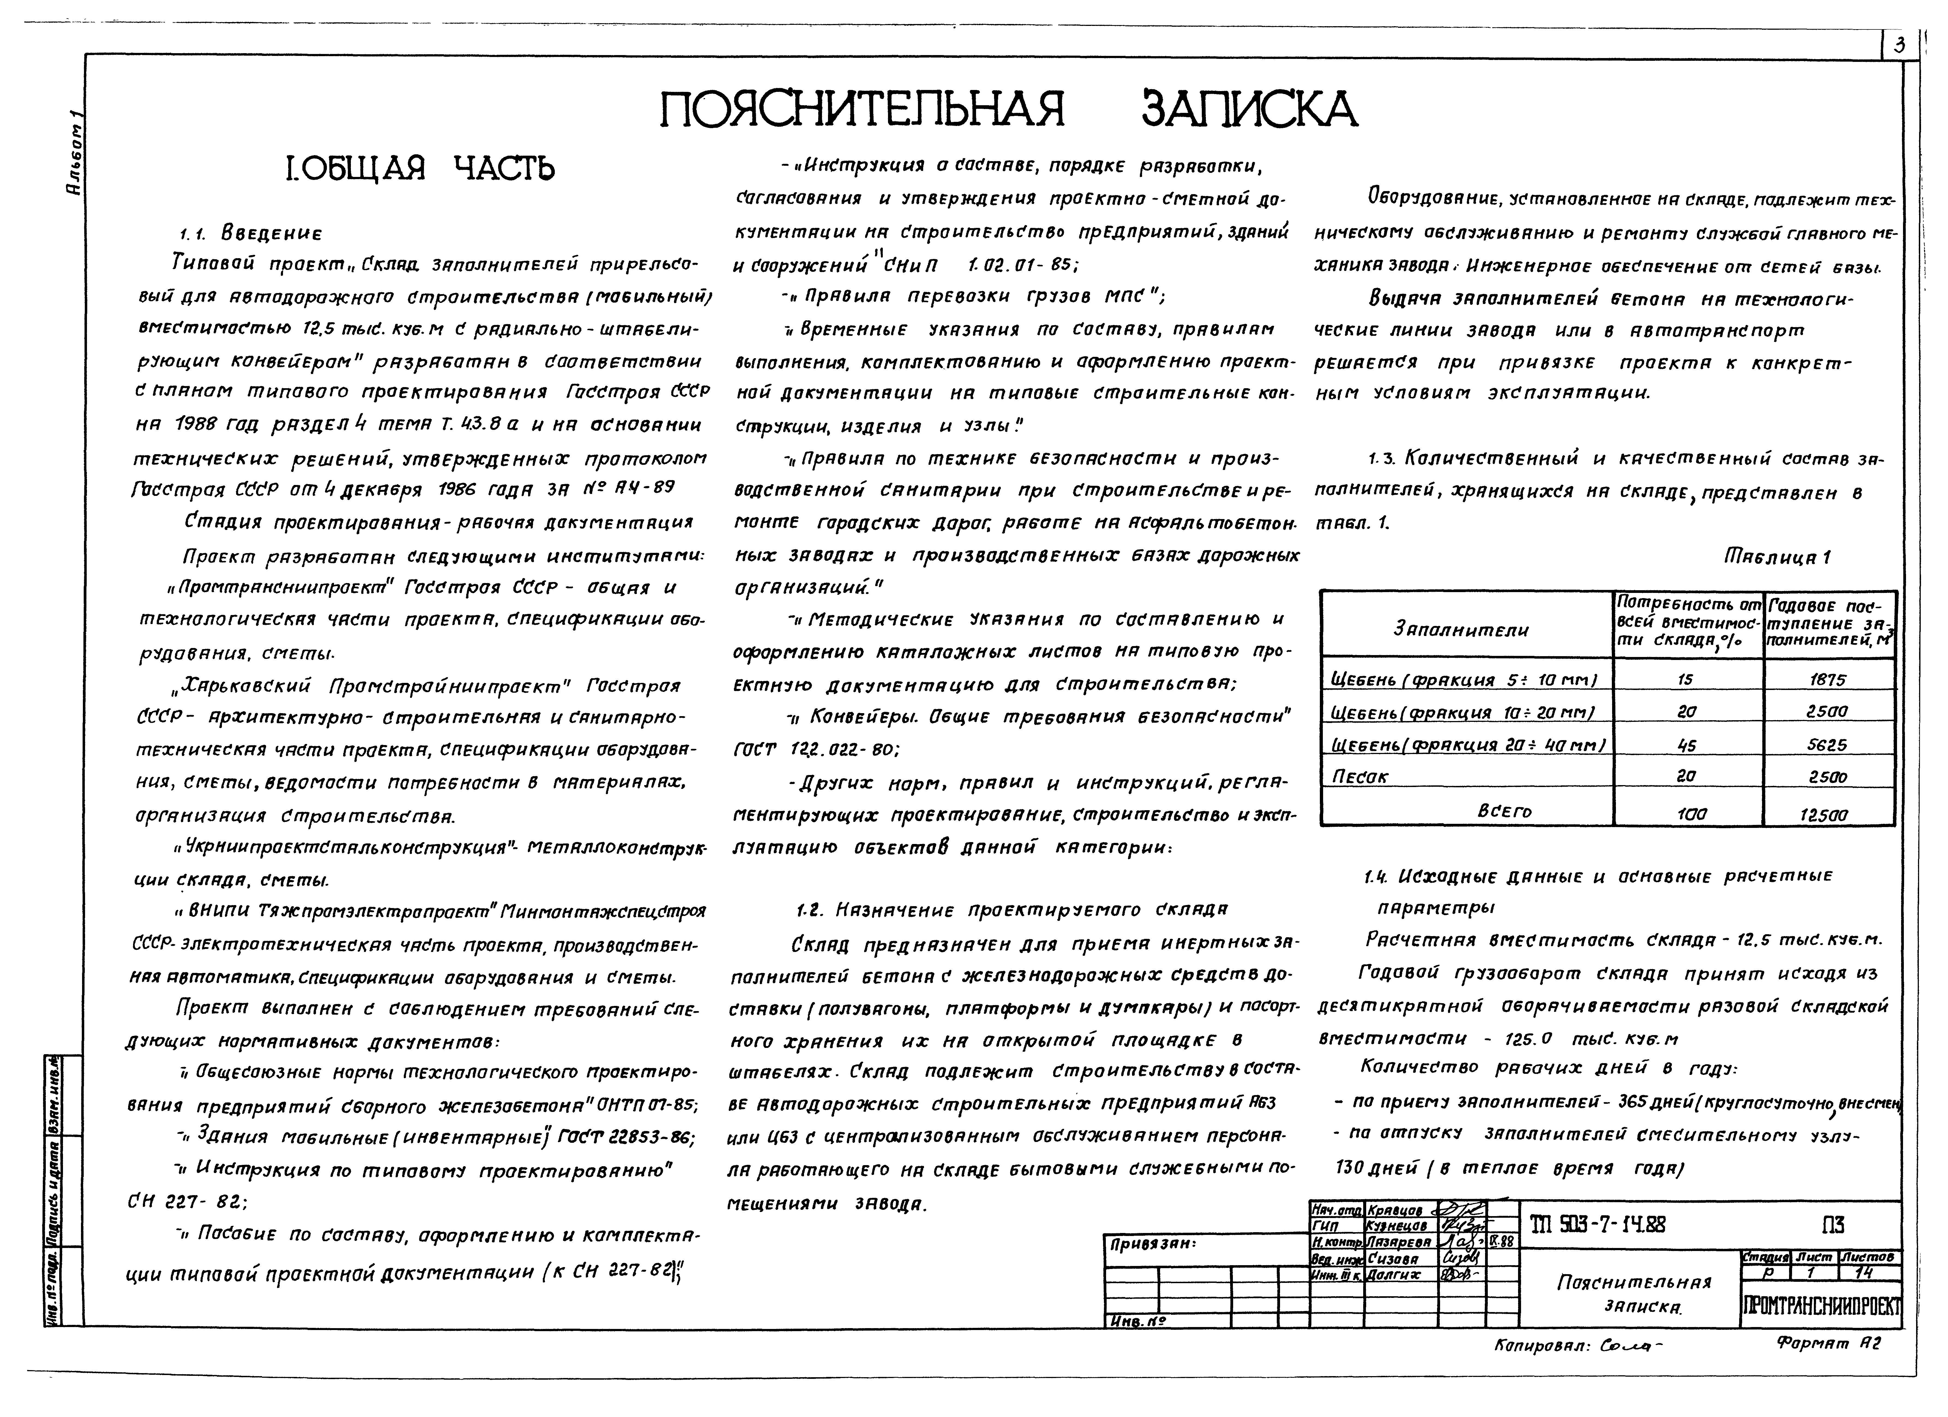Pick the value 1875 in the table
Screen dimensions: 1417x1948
tap(1828, 679)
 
